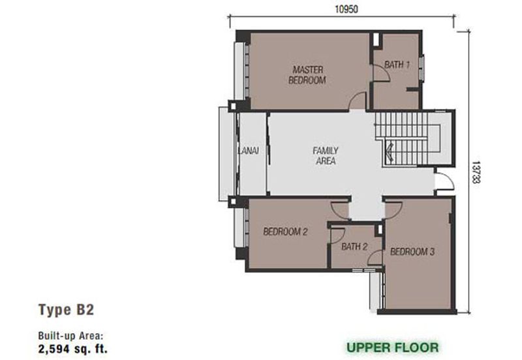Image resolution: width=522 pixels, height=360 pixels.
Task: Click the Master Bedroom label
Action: point(307,75)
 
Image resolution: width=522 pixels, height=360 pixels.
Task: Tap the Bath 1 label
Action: point(397,65)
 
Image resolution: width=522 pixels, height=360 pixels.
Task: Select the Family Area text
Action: point(325,156)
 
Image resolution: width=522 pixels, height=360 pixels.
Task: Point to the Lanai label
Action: point(249,151)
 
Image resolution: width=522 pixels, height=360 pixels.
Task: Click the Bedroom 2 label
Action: point(285,232)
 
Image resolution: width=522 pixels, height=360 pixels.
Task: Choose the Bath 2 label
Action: point(354,247)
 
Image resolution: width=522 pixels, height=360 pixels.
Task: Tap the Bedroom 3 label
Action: point(412,252)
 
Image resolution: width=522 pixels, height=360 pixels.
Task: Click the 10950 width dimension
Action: point(346,9)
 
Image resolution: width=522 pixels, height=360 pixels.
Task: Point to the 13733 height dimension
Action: point(476,172)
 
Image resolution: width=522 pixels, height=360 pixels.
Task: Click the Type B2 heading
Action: point(67,309)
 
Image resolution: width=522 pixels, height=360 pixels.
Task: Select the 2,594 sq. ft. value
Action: point(73,349)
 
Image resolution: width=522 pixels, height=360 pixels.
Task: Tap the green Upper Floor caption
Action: point(393,348)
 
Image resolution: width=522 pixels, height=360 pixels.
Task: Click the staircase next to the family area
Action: point(408,139)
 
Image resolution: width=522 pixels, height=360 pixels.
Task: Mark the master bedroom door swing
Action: point(358,101)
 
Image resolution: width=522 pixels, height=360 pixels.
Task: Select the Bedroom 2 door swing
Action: point(339,209)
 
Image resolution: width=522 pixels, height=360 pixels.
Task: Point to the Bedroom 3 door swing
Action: point(393,209)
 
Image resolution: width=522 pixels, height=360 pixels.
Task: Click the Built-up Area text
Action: point(71,336)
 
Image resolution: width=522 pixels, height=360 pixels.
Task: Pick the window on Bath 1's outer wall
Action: point(422,68)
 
